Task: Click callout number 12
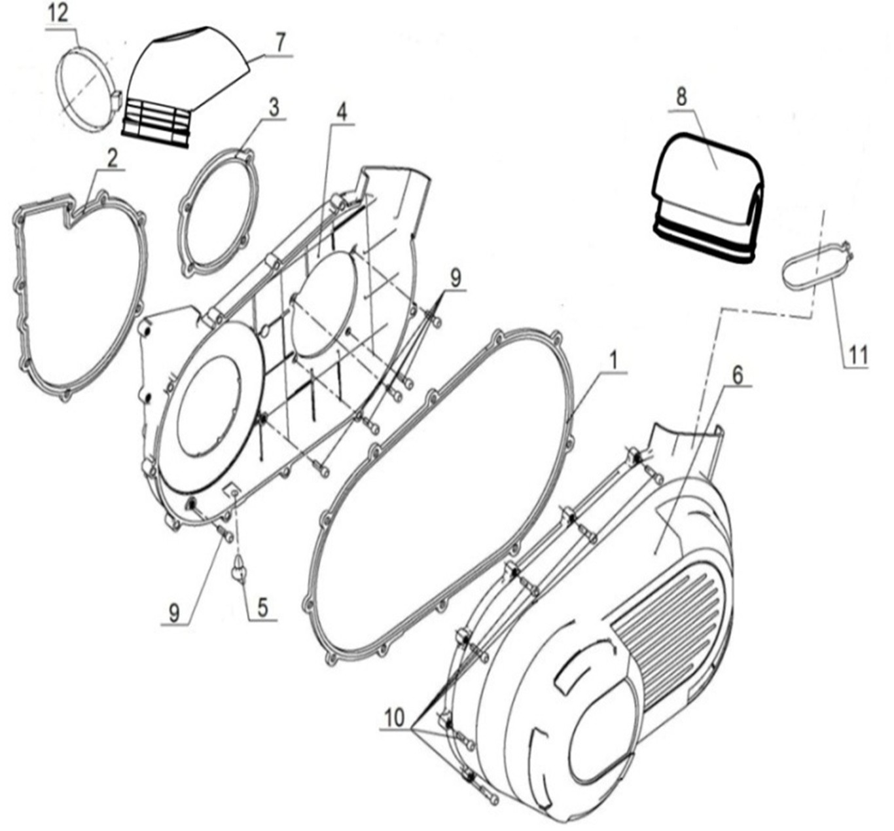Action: click(60, 14)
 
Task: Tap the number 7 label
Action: click(279, 42)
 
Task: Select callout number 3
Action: click(273, 107)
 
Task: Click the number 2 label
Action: click(112, 158)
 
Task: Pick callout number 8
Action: click(681, 97)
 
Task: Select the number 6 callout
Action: click(738, 375)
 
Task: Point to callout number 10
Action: click(395, 718)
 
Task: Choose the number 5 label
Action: click(262, 607)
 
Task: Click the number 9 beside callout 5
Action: click(173, 612)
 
